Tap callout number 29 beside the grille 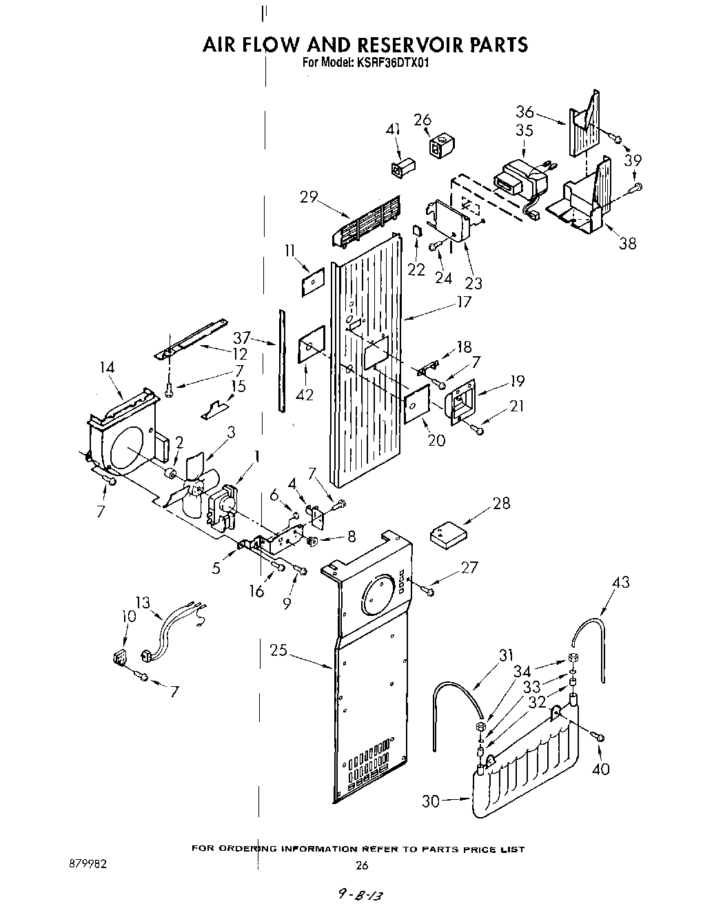pyautogui.click(x=308, y=197)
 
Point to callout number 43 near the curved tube pyautogui.click(x=620, y=582)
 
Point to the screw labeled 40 pyautogui.click(x=599, y=738)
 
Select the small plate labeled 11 pyautogui.click(x=312, y=280)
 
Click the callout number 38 pyautogui.click(x=627, y=243)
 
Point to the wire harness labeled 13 pyautogui.click(x=172, y=626)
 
